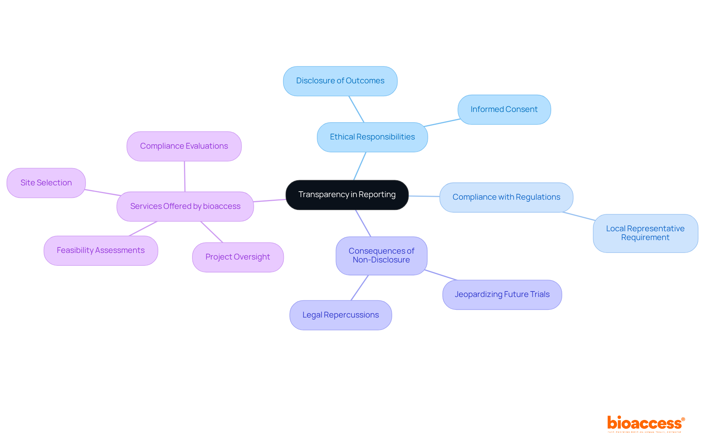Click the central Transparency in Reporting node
[x=347, y=195]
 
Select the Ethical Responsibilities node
[x=372, y=137]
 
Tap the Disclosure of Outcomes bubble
[x=340, y=81]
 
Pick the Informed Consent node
[x=504, y=109]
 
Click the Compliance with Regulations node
[x=506, y=197]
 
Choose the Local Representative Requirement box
[x=645, y=233]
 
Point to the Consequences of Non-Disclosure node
[x=381, y=255]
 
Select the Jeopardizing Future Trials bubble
[x=502, y=294]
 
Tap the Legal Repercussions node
[x=340, y=315]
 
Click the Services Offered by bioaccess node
[x=185, y=206]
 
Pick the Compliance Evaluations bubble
[x=184, y=146]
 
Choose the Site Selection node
[x=46, y=183]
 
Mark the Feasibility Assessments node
[x=101, y=250]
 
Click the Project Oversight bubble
[x=238, y=257]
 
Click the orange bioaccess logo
[x=646, y=424]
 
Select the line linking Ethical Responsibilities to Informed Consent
[x=442, y=123]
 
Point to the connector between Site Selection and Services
[x=103, y=193]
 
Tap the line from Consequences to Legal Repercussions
[x=359, y=288]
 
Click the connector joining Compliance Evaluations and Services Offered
[x=185, y=177]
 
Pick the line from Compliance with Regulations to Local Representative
[x=578, y=216]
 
